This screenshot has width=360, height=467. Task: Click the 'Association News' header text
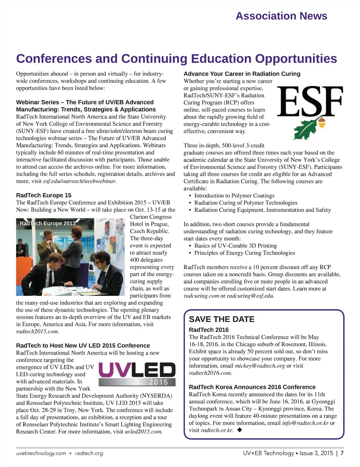[x=281, y=16]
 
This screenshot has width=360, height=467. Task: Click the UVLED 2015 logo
[x=137, y=375]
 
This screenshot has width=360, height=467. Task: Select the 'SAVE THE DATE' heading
[x=221, y=319]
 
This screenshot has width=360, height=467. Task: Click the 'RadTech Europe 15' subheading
[x=44, y=195]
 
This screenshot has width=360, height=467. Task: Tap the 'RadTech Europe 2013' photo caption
[x=47, y=223]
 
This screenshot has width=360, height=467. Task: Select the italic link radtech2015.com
[x=37, y=331]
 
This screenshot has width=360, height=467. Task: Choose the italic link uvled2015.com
[x=143, y=432]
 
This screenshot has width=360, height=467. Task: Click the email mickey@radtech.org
[x=259, y=365]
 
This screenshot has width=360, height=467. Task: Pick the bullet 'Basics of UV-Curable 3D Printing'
[x=235, y=246]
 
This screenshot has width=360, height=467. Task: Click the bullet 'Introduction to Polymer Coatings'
[x=234, y=195]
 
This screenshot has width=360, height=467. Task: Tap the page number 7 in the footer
[x=342, y=453]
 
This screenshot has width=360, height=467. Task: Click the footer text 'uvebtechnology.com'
[x=41, y=453]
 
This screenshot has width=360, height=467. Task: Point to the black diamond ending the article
[x=240, y=430]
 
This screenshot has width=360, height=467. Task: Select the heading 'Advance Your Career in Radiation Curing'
[x=242, y=74]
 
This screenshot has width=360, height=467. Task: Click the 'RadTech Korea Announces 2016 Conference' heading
[x=252, y=387]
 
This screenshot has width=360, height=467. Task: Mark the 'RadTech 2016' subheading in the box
[x=208, y=330]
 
